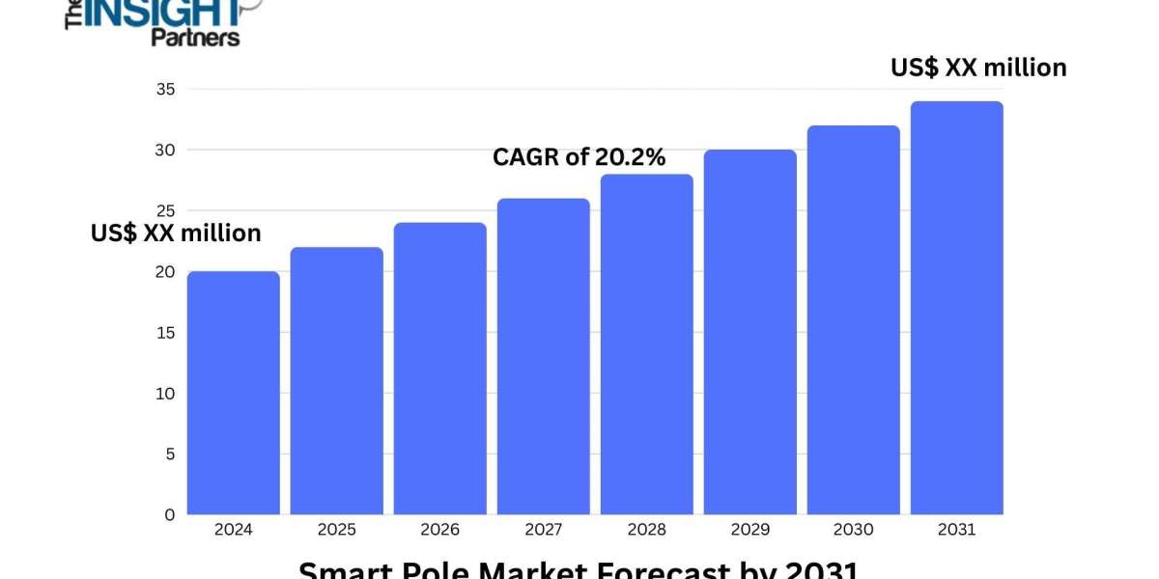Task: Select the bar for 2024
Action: coord(233,393)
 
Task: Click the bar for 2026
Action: coord(439,369)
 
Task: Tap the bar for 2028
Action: coord(646,345)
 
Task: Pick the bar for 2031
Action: coord(956,308)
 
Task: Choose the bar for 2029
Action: coord(749,332)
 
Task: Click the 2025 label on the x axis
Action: coord(336,530)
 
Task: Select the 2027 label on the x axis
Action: coord(543,530)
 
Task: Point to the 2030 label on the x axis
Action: coord(853,530)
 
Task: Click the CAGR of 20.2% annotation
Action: coord(579,157)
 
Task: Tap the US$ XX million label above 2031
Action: coord(977,68)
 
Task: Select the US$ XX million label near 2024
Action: coord(176,234)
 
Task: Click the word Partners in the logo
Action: coord(195,37)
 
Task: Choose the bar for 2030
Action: coord(853,320)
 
